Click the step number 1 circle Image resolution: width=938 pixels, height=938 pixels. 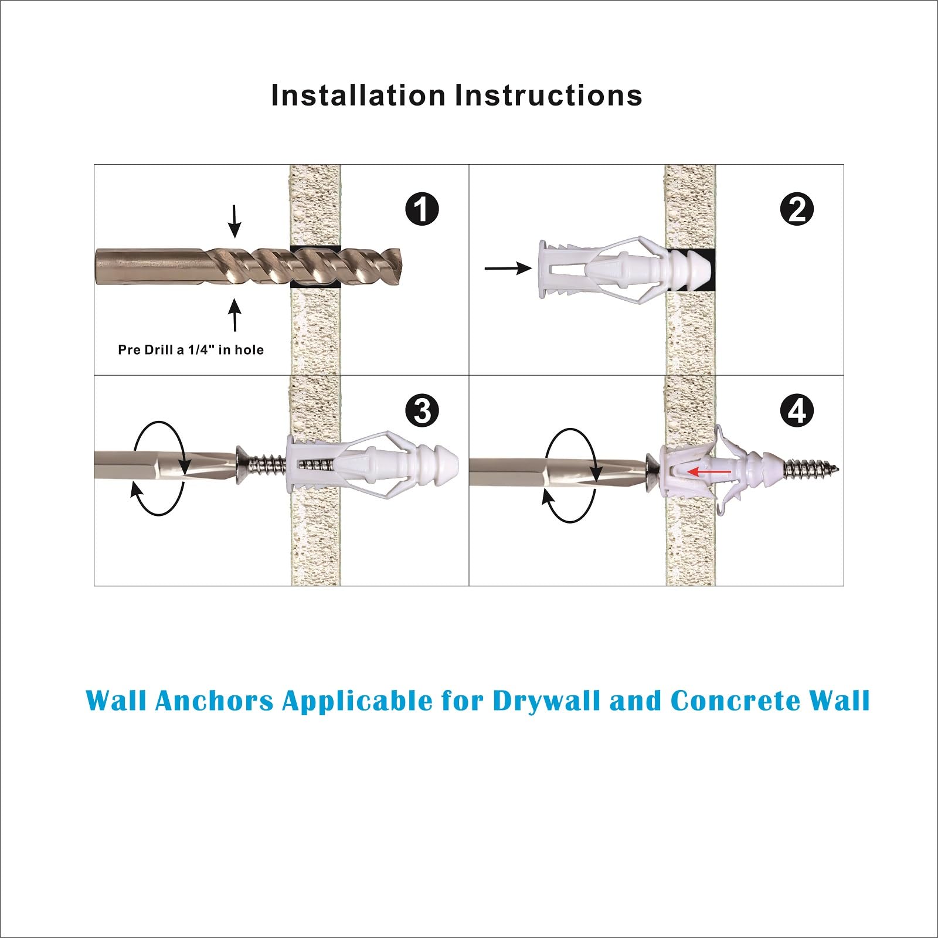422,209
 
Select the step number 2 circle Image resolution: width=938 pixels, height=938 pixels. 797,209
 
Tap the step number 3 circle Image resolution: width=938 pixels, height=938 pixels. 422,411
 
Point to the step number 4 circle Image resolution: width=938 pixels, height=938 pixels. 797,411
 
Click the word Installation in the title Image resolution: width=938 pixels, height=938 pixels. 358,95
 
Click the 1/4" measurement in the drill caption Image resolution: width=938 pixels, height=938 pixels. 200,349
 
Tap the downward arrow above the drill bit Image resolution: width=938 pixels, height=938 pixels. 235,221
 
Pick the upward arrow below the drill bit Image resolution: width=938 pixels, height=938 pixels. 235,315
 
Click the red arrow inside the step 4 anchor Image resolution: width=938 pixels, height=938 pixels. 709,471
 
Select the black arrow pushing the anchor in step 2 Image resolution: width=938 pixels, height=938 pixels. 508,269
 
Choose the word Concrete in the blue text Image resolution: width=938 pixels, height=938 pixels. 735,701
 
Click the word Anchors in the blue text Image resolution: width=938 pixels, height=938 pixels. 215,701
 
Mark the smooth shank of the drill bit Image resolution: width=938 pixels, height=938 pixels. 150,266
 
